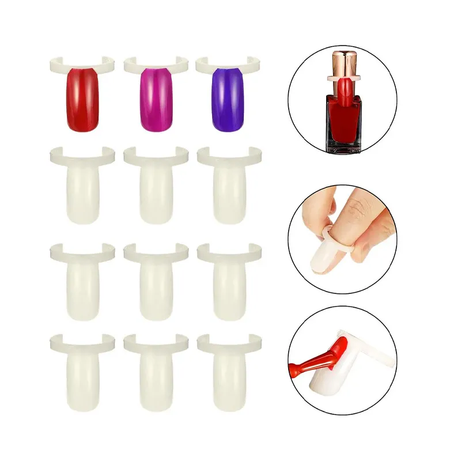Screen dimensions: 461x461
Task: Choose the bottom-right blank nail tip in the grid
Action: click(x=229, y=377)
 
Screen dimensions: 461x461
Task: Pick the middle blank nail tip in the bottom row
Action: click(x=156, y=377)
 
